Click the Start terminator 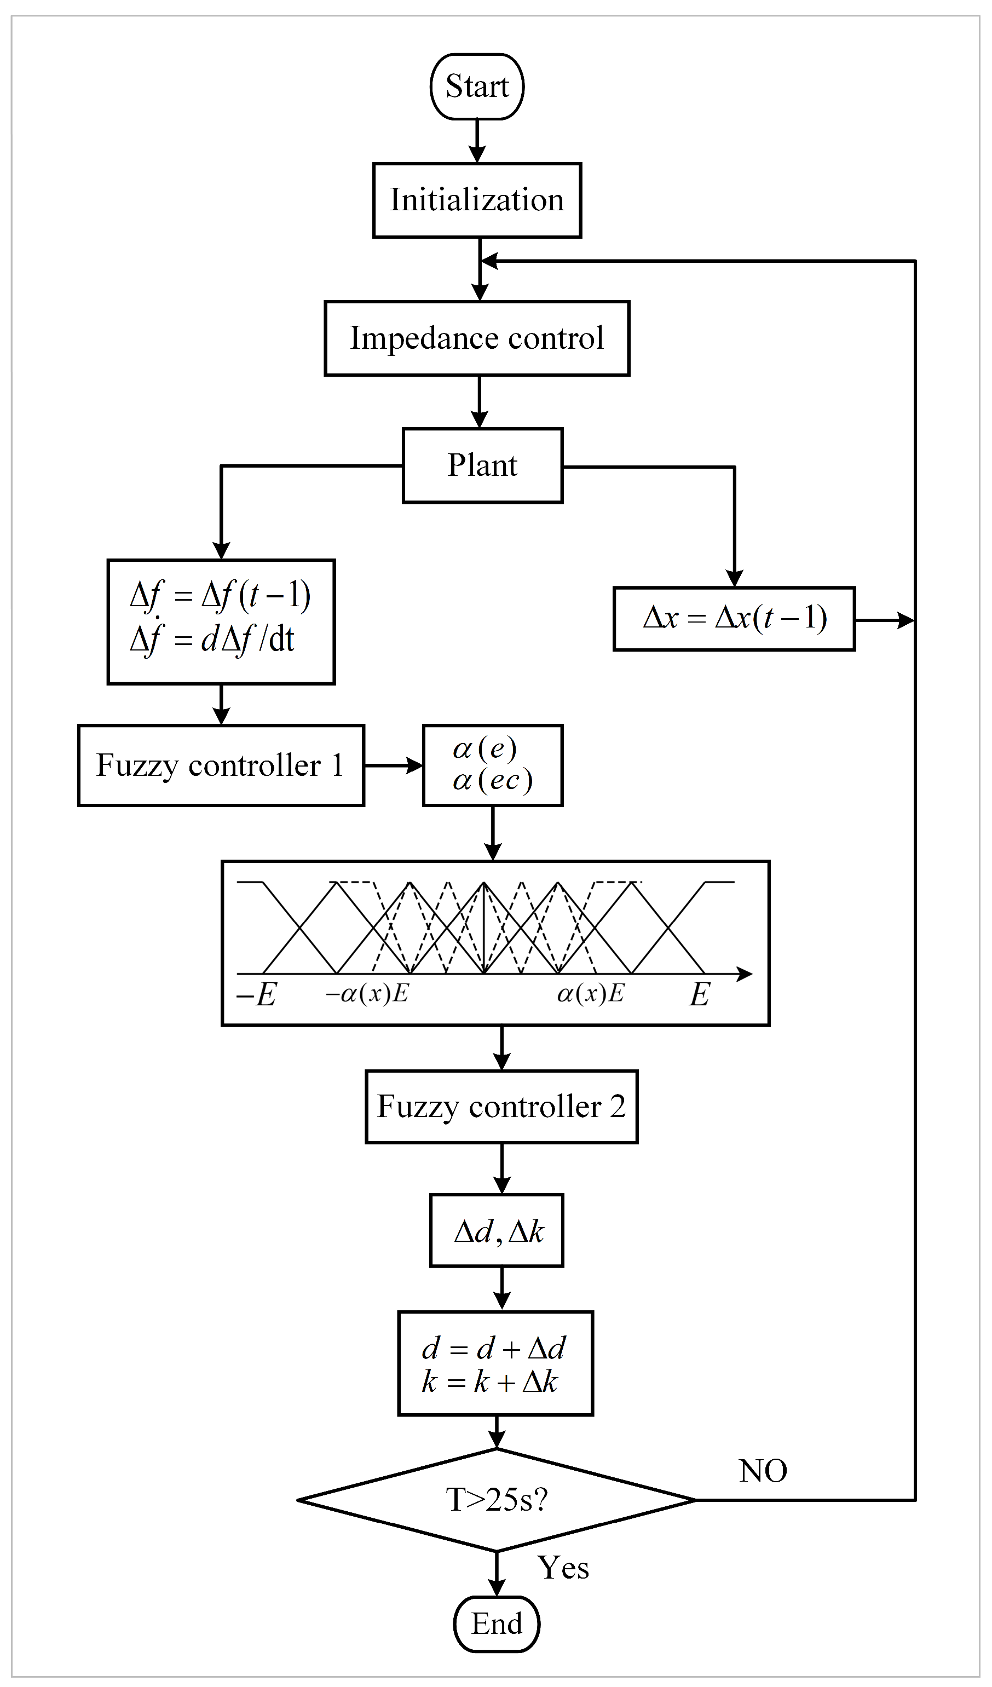(x=477, y=87)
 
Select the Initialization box (x=477, y=200)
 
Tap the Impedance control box (x=477, y=338)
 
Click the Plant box (x=482, y=465)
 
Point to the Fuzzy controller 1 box (x=221, y=765)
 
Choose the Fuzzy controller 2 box (x=501, y=1107)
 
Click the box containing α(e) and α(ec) (x=493, y=765)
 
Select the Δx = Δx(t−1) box (x=734, y=619)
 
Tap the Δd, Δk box (x=497, y=1230)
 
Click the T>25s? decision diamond (x=497, y=1500)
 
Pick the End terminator (x=497, y=1624)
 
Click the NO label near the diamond (x=763, y=1471)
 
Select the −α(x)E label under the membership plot (x=367, y=993)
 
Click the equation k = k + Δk (x=490, y=1381)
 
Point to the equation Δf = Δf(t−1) (x=221, y=595)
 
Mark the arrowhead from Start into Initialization (x=477, y=154)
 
